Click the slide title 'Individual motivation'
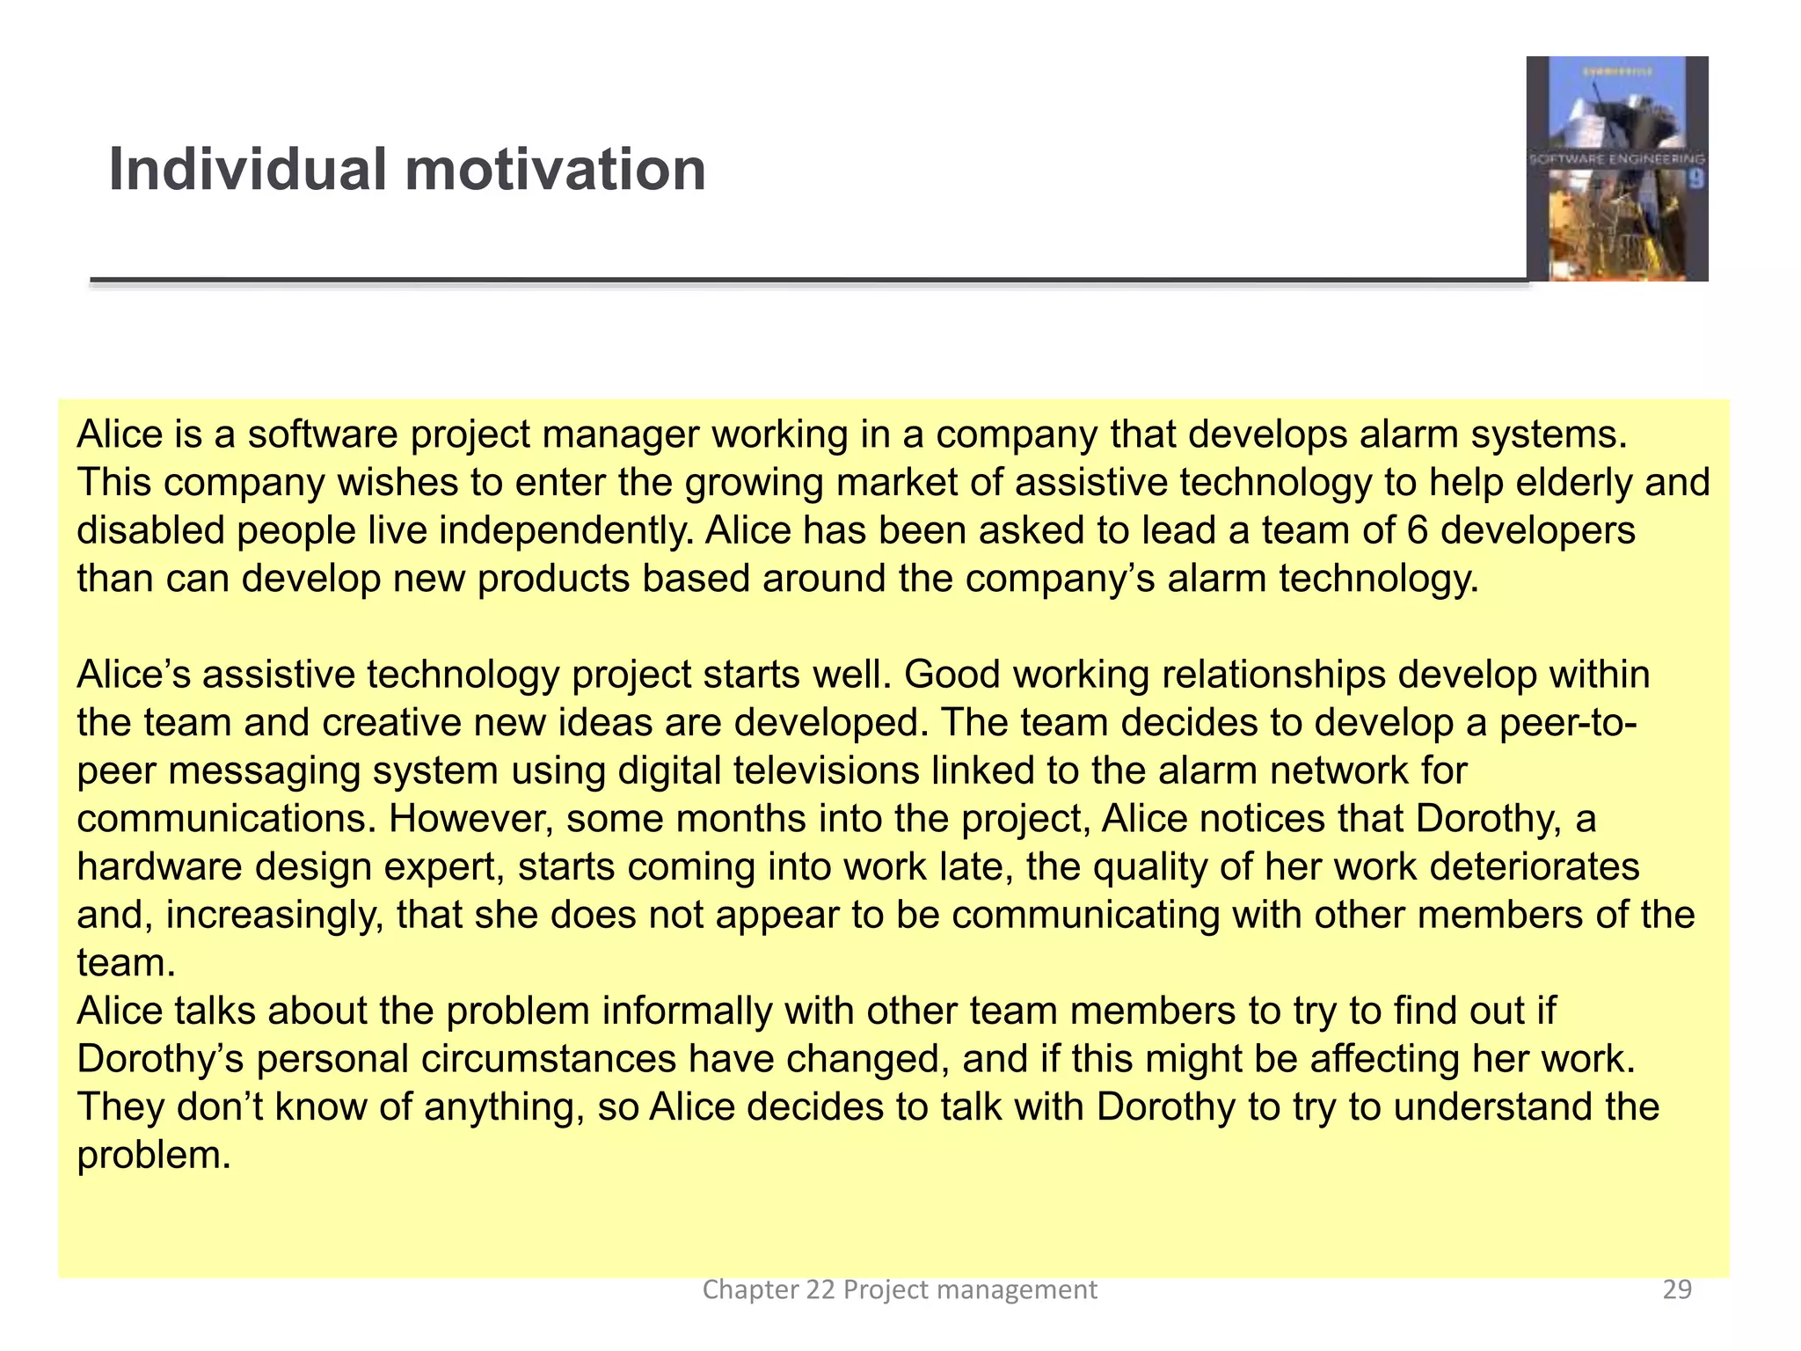click(406, 170)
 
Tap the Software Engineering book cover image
click(1616, 169)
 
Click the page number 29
click(1677, 1289)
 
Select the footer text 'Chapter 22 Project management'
click(899, 1289)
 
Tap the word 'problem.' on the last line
click(153, 1156)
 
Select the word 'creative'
click(390, 723)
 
